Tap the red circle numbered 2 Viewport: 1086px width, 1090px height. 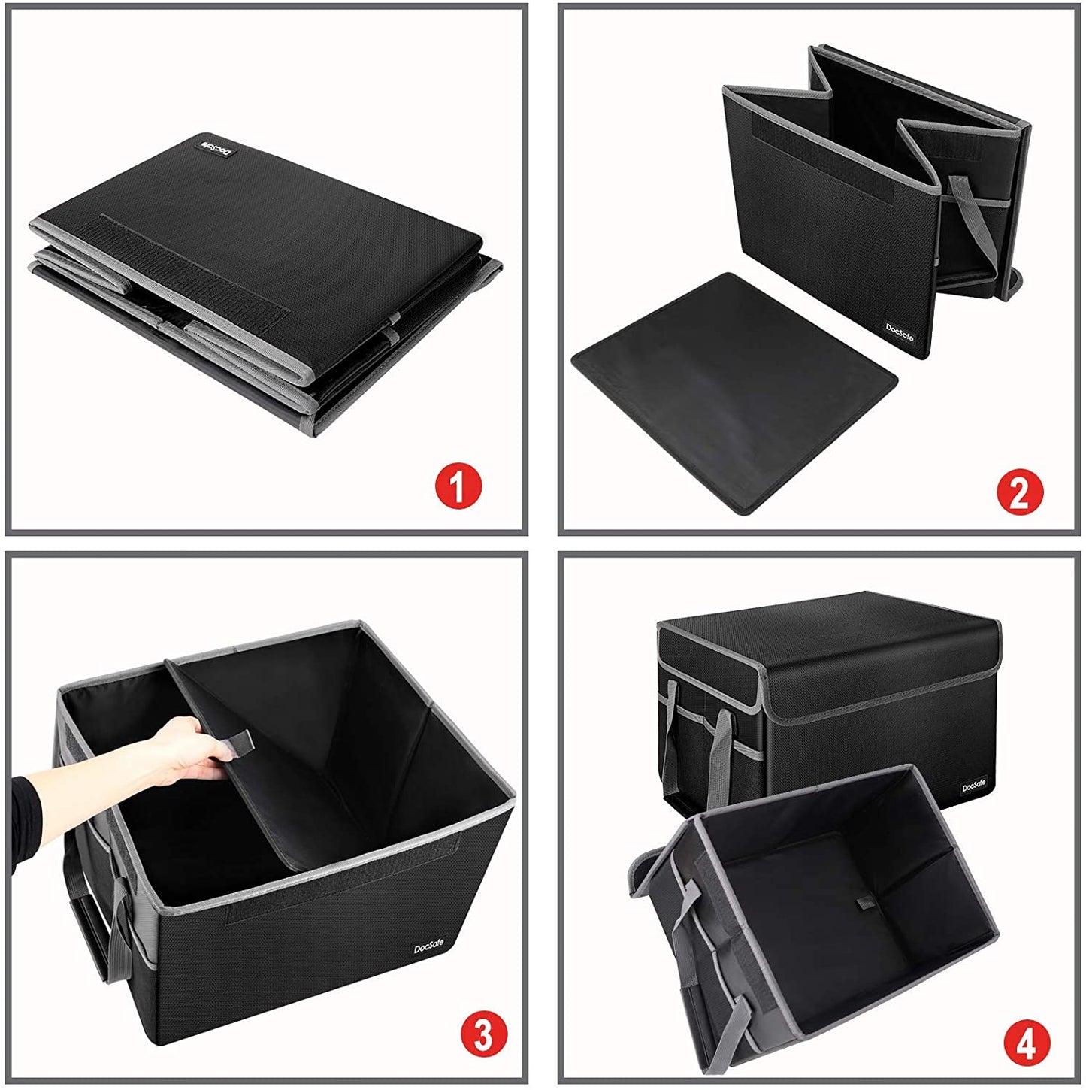click(x=1020, y=492)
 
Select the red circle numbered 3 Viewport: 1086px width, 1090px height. click(x=482, y=1035)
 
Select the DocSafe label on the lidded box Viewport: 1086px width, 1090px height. click(x=975, y=786)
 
